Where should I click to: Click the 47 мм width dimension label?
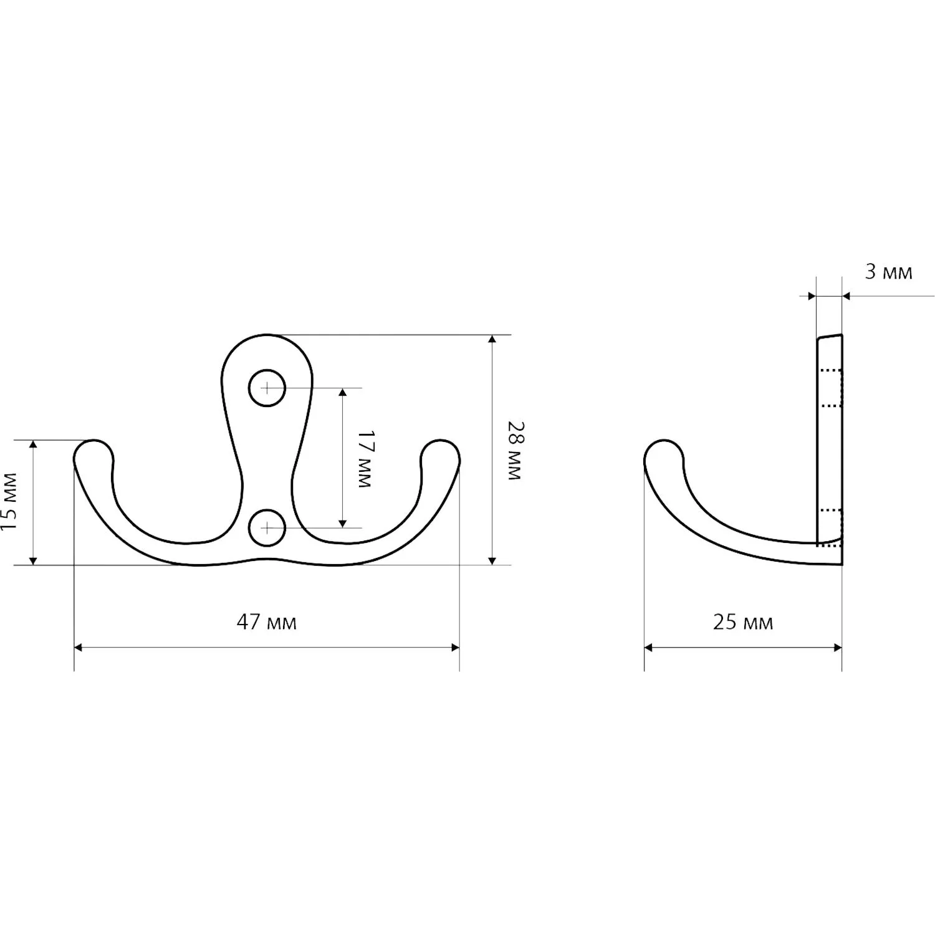[x=266, y=622]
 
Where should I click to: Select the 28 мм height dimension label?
[x=514, y=450]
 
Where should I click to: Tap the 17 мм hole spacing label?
[x=364, y=459]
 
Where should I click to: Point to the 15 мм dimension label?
[x=9, y=501]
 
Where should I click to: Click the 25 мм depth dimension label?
[x=743, y=622]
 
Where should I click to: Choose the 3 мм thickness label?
[x=889, y=272]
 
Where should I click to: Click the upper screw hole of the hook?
[x=267, y=388]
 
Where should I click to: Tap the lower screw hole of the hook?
[x=267, y=528]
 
